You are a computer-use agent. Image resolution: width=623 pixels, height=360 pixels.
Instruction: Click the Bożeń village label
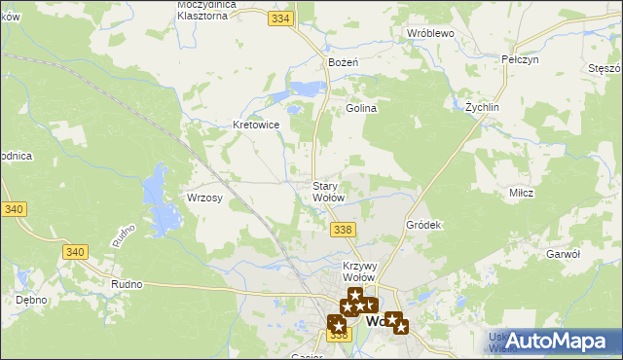coord(344,61)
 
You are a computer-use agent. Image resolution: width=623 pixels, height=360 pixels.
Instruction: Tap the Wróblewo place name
coord(431,32)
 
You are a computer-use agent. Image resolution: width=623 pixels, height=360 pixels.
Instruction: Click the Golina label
coord(361,108)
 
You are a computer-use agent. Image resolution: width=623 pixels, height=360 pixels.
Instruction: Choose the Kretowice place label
coord(257,125)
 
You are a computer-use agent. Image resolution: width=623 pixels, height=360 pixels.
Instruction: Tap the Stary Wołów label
coord(327,192)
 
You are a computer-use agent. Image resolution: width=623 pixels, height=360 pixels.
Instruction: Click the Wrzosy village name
coord(205,198)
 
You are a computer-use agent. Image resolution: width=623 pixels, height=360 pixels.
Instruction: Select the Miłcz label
coord(521,192)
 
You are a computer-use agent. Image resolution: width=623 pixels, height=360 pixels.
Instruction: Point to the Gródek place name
coord(423,225)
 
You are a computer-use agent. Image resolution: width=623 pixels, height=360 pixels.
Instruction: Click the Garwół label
coord(564,253)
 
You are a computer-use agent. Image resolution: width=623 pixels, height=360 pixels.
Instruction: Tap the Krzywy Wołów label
coord(359,271)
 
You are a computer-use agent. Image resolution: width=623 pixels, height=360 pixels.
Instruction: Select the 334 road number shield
coord(282,18)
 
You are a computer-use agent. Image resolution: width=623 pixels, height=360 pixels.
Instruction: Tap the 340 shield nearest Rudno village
coord(74,251)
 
